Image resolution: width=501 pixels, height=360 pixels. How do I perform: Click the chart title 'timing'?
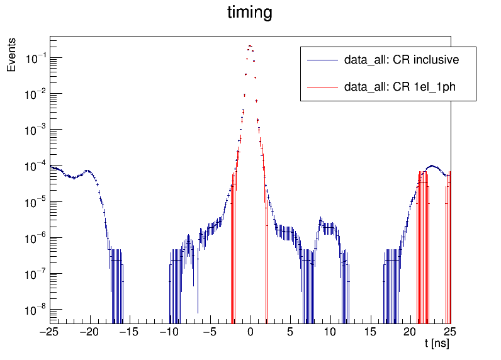250,13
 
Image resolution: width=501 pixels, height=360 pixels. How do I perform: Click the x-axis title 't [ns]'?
437,344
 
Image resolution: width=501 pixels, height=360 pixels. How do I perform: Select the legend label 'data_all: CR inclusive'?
402,60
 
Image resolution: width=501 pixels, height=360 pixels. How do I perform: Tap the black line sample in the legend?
322,60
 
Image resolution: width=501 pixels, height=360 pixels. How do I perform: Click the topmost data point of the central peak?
250,46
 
